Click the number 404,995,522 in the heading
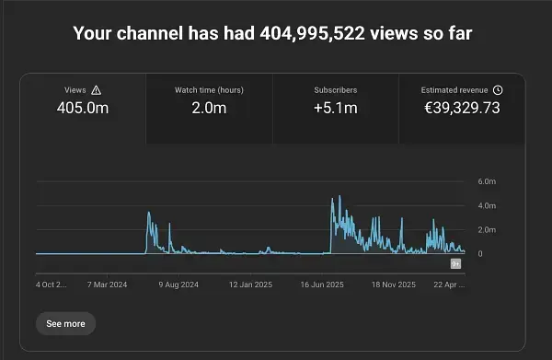click(312, 34)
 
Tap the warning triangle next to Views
click(96, 90)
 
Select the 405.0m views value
click(83, 108)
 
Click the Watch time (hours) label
click(209, 90)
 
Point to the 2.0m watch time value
click(209, 108)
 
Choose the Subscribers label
click(336, 90)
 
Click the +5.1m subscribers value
click(336, 108)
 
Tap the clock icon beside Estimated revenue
click(498, 90)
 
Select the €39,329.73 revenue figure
click(462, 108)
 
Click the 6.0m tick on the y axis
click(487, 181)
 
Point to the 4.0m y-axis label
click(487, 205)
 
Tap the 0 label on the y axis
click(480, 253)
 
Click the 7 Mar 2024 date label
click(107, 285)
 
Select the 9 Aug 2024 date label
click(178, 285)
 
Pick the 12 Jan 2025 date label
click(250, 285)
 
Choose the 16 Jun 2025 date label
click(322, 285)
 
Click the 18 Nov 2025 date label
click(394, 285)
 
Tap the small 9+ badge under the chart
click(456, 264)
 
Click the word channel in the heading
click(150, 34)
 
